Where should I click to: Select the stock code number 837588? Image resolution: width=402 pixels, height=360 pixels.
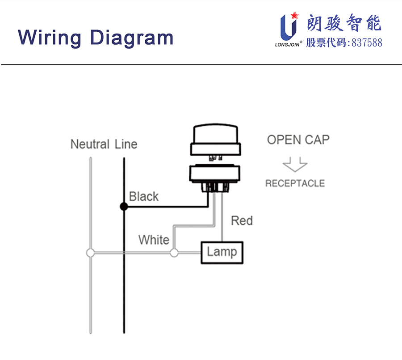coord(367,43)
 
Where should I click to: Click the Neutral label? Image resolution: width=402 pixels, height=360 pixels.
coord(90,144)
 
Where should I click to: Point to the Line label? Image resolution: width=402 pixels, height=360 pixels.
coord(126,144)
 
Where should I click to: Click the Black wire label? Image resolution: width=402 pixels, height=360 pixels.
coord(143,196)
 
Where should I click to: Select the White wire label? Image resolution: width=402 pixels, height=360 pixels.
coord(154,240)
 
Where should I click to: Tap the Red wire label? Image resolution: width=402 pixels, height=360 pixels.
coord(242,220)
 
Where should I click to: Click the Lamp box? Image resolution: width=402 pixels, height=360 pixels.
coord(222,252)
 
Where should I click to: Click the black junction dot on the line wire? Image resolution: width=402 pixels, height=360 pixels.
coord(124,207)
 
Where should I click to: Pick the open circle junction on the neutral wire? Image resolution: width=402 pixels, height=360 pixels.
coord(91,253)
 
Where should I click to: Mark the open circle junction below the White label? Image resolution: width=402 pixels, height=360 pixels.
coord(174,253)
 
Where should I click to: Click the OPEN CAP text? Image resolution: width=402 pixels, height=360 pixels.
coord(298,140)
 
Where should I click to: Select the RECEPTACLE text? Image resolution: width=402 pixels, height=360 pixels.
coord(295,183)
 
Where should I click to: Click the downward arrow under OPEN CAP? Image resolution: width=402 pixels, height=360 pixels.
coord(295,165)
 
